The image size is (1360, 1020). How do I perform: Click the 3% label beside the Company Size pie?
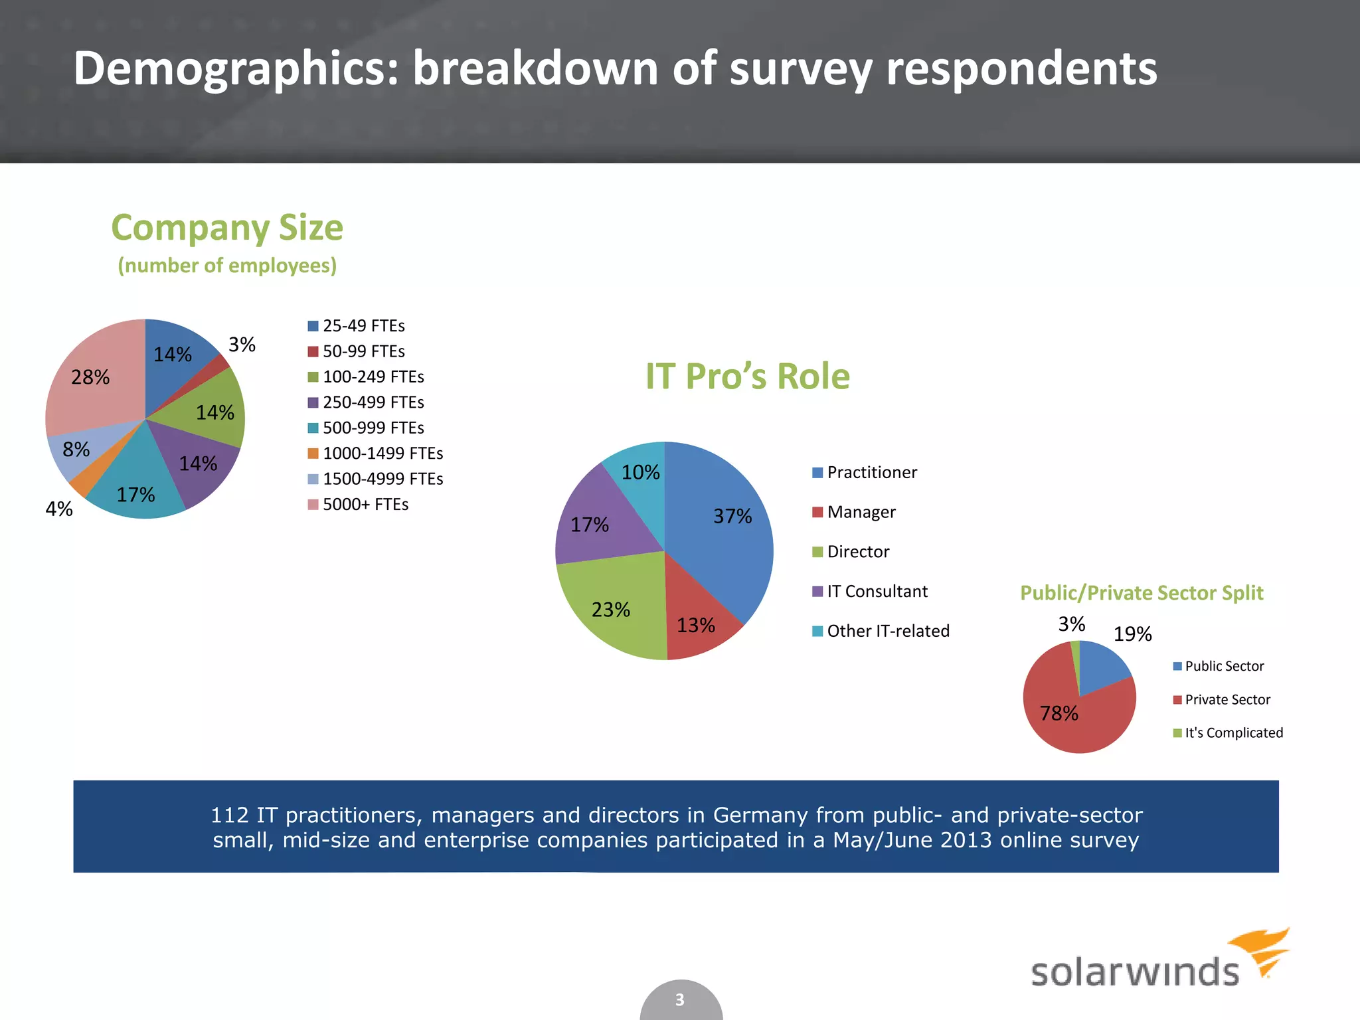(x=242, y=345)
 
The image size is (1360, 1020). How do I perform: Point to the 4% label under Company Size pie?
(x=59, y=509)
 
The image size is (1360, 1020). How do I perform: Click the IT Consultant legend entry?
(x=877, y=592)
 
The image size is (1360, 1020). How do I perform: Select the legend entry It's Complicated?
(x=1233, y=733)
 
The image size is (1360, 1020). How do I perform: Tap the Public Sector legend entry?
(x=1224, y=666)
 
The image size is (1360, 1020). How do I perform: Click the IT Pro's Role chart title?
(x=748, y=377)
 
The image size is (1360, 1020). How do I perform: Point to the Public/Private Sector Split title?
(x=1142, y=593)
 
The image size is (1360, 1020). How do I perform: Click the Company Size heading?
(x=227, y=228)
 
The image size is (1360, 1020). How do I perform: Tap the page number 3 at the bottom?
(x=680, y=1000)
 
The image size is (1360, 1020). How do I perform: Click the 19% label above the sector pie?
(x=1132, y=635)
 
